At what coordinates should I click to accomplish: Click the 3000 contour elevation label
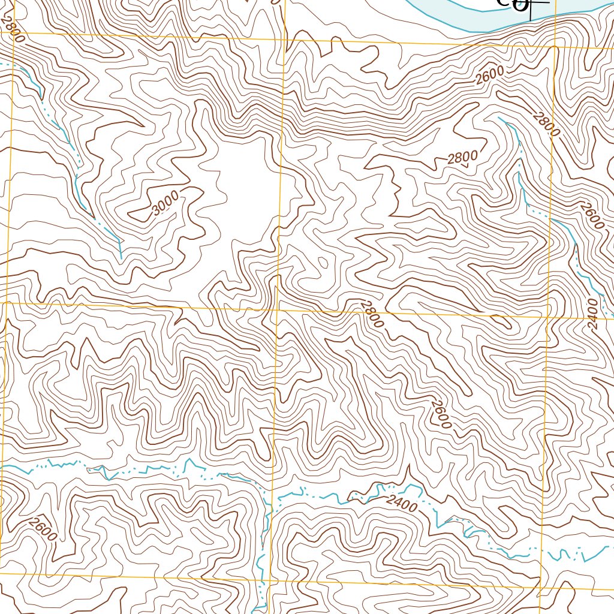coord(165,203)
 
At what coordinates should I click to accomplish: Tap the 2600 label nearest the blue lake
coord(490,76)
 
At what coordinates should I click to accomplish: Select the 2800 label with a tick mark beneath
coord(462,158)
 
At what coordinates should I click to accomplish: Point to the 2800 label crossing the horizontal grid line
coord(372,314)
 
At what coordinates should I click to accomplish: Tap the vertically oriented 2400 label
coord(593,313)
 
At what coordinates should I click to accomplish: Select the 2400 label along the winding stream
coord(401,504)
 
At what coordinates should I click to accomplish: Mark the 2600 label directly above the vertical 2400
coord(591,216)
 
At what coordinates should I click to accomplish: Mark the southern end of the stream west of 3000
coord(121,258)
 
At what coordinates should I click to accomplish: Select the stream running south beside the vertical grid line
coord(261,558)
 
